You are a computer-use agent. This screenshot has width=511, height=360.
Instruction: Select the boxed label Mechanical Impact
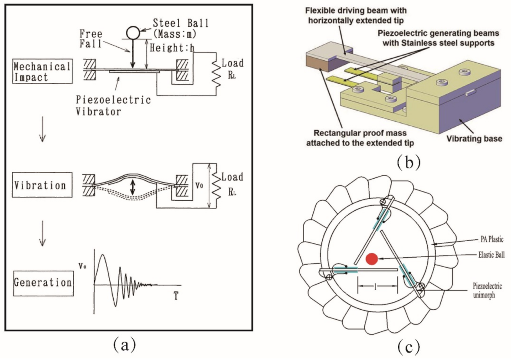(x=42, y=72)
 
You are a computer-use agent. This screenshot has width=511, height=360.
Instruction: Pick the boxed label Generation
(x=43, y=282)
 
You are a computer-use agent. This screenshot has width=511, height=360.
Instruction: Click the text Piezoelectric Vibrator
(x=122, y=105)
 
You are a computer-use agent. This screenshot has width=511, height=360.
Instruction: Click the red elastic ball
(x=372, y=259)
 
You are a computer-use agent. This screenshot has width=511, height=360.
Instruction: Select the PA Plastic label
(x=484, y=239)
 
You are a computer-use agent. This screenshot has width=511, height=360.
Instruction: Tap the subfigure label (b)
(x=409, y=161)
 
